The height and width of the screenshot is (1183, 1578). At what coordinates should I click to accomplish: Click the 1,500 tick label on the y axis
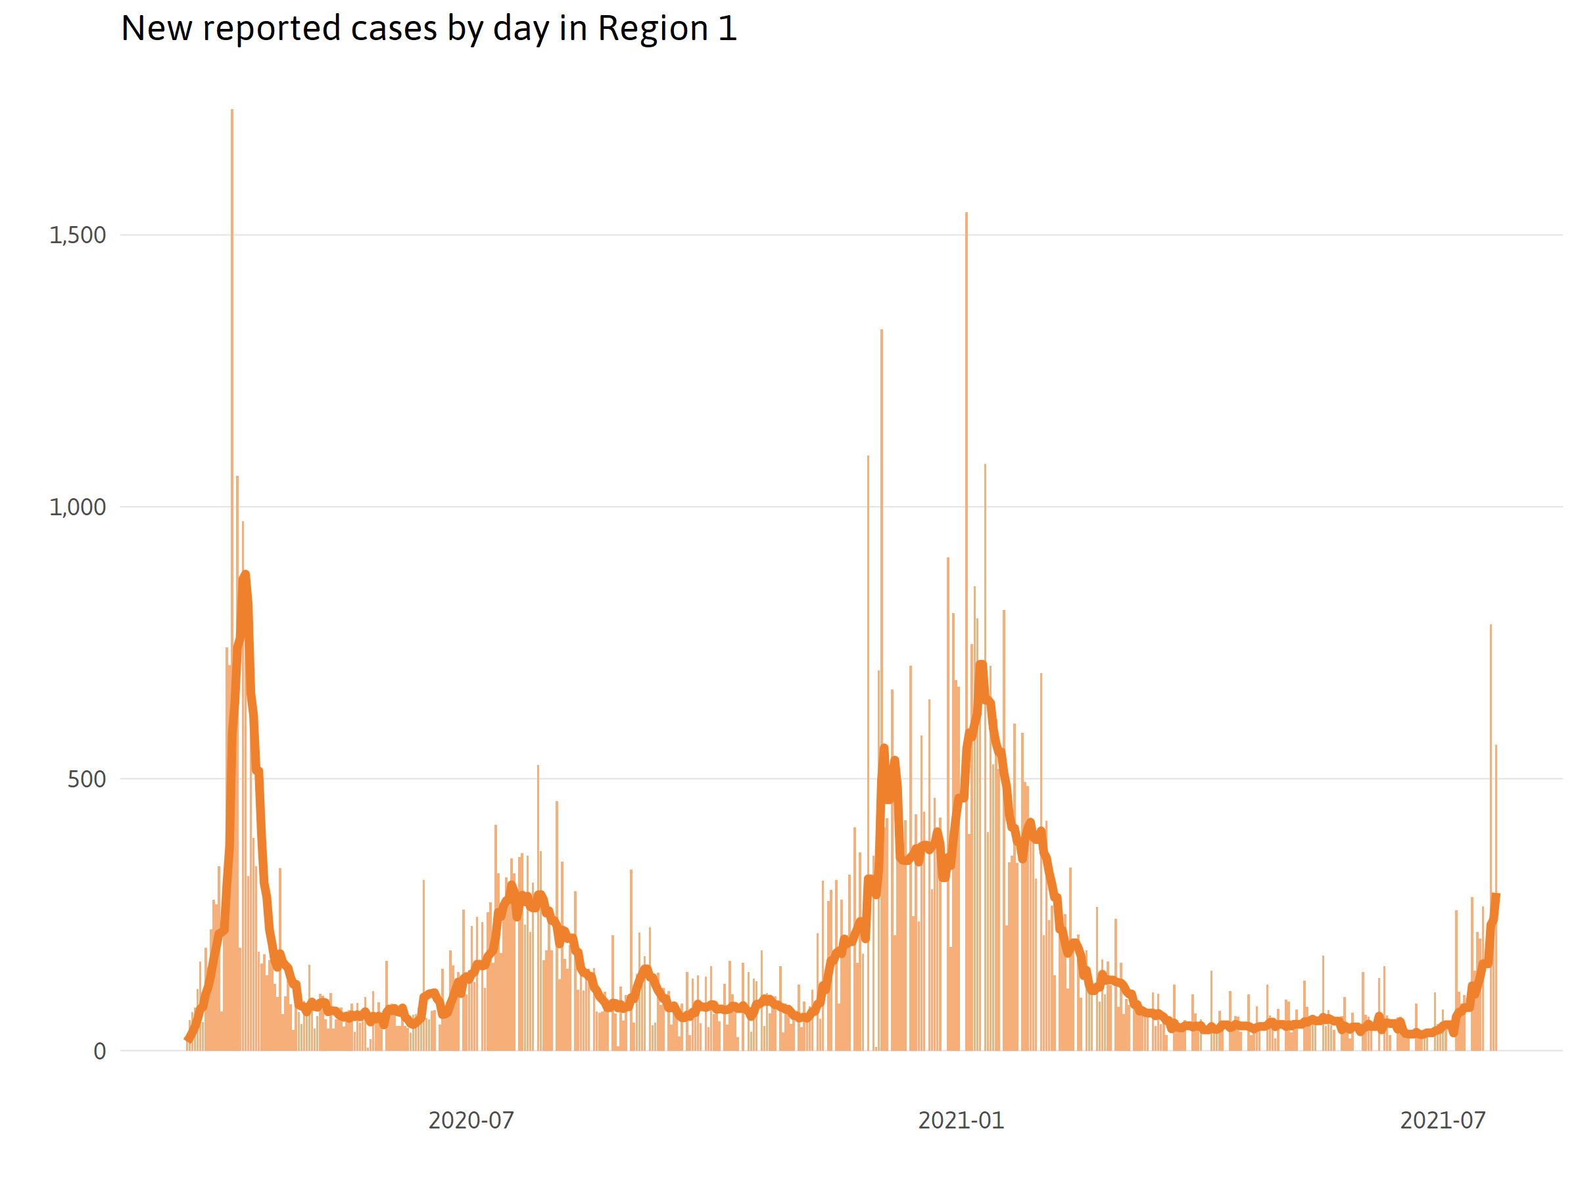point(77,235)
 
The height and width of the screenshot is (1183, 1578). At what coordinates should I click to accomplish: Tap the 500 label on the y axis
point(86,779)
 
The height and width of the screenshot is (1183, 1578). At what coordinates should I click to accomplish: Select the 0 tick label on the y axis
point(100,1051)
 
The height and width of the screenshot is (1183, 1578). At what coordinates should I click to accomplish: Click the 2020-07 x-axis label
point(471,1121)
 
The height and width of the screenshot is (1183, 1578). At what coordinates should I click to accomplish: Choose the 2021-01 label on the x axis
point(961,1121)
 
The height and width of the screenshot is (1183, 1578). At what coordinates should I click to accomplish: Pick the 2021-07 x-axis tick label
point(1443,1121)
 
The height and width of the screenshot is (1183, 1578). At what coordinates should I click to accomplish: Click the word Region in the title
point(653,29)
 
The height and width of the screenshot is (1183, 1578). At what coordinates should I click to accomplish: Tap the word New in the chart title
point(157,29)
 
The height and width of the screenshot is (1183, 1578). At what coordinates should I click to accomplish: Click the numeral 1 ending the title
point(727,29)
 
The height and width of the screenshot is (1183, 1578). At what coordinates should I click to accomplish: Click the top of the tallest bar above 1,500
point(232,110)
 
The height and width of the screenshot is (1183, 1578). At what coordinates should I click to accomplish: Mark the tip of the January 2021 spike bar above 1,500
point(967,213)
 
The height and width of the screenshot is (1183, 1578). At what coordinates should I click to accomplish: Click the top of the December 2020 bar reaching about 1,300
point(882,331)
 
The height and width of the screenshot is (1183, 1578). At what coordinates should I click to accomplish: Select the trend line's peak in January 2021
point(982,665)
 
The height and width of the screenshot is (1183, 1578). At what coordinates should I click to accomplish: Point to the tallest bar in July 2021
point(1491,626)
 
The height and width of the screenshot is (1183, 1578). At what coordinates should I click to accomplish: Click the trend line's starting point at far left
point(187,1040)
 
